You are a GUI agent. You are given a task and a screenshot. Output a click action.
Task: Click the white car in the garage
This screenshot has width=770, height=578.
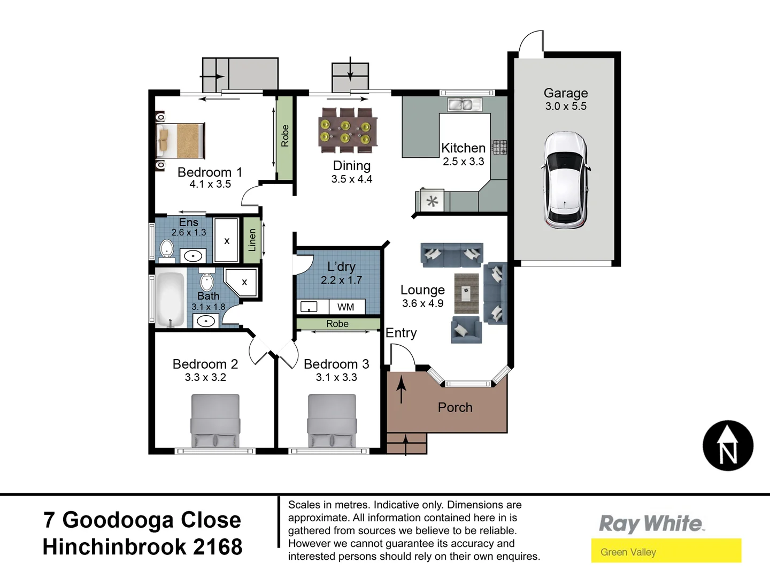pyautogui.click(x=566, y=180)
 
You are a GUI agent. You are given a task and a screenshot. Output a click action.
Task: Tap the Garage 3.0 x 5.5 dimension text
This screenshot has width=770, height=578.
pyautogui.click(x=566, y=106)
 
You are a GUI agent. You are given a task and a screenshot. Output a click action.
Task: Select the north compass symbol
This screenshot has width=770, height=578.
pyautogui.click(x=728, y=446)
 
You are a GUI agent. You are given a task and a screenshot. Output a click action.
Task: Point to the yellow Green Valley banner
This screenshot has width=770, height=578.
pyautogui.click(x=666, y=551)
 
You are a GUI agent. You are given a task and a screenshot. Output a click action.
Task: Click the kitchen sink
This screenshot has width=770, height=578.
pyautogui.click(x=460, y=105)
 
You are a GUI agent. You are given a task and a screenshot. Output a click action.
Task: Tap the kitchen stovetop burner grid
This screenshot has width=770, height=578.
pyautogui.click(x=499, y=147)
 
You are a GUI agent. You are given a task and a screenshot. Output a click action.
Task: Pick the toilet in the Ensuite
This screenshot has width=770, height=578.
pyautogui.click(x=167, y=249)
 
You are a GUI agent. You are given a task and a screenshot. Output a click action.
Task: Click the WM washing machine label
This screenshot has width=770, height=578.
pyautogui.click(x=345, y=307)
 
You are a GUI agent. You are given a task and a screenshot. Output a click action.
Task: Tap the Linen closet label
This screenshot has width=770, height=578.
pyautogui.click(x=252, y=240)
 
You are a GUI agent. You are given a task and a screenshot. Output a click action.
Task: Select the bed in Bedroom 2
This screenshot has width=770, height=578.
pyautogui.click(x=215, y=421)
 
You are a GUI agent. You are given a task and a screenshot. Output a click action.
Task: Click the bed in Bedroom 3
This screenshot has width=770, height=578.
pyautogui.click(x=332, y=421)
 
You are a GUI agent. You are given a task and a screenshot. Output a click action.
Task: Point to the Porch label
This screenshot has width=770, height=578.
pyautogui.click(x=455, y=407)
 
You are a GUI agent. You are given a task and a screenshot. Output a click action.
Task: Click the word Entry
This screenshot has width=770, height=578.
pyautogui.click(x=401, y=333)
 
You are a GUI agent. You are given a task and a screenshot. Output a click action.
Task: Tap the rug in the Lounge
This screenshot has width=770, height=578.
pyautogui.click(x=467, y=293)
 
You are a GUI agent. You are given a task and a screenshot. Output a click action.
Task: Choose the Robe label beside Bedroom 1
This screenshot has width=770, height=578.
pyautogui.click(x=285, y=136)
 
